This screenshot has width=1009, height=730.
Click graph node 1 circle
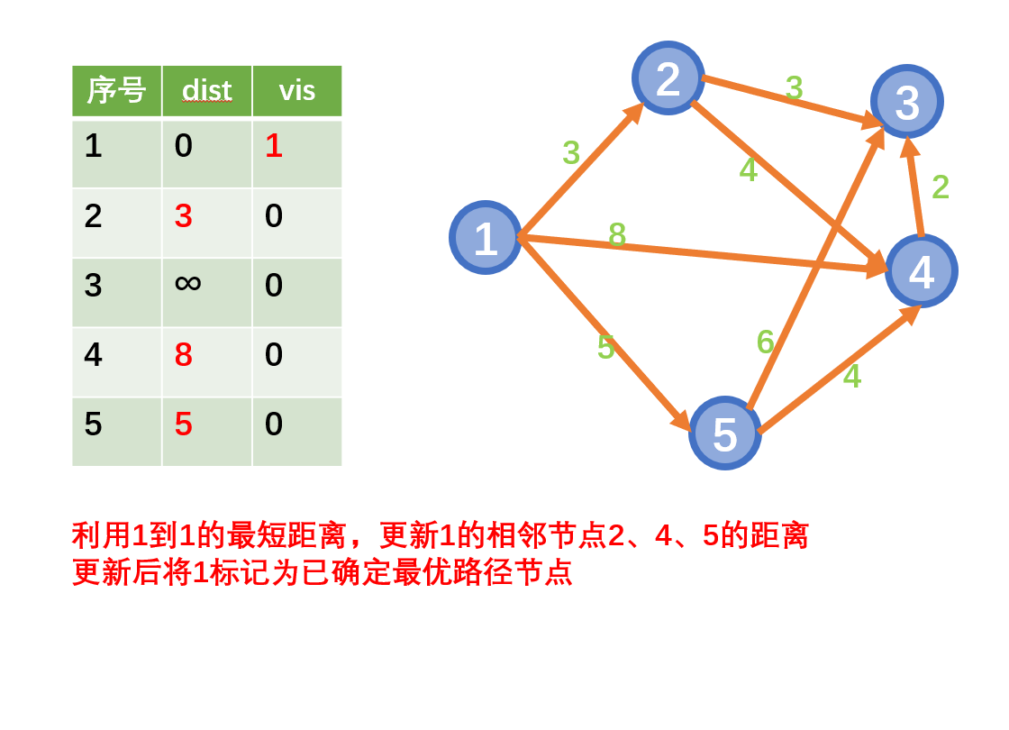[486, 238]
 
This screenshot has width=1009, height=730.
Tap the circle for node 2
[668, 78]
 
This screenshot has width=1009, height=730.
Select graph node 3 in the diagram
[906, 102]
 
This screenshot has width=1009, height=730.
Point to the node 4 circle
[921, 271]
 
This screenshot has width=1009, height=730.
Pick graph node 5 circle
[724, 433]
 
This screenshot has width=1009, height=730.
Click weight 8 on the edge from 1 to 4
[617, 235]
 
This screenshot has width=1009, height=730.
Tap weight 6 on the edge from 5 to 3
[765, 342]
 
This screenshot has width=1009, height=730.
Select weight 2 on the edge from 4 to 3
[941, 187]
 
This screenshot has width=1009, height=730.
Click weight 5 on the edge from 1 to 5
[605, 348]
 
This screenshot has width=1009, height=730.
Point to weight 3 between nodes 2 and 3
[794, 87]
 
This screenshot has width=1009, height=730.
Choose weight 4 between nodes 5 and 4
[851, 377]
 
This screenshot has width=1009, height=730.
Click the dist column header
[206, 90]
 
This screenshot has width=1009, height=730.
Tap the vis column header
[296, 90]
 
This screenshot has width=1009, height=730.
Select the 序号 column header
[116, 90]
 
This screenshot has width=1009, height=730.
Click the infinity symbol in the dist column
[187, 284]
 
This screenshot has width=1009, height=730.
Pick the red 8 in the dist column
[183, 355]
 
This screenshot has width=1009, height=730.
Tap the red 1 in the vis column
[274, 146]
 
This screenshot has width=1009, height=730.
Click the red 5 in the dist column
[183, 424]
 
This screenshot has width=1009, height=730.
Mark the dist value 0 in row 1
[183, 146]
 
